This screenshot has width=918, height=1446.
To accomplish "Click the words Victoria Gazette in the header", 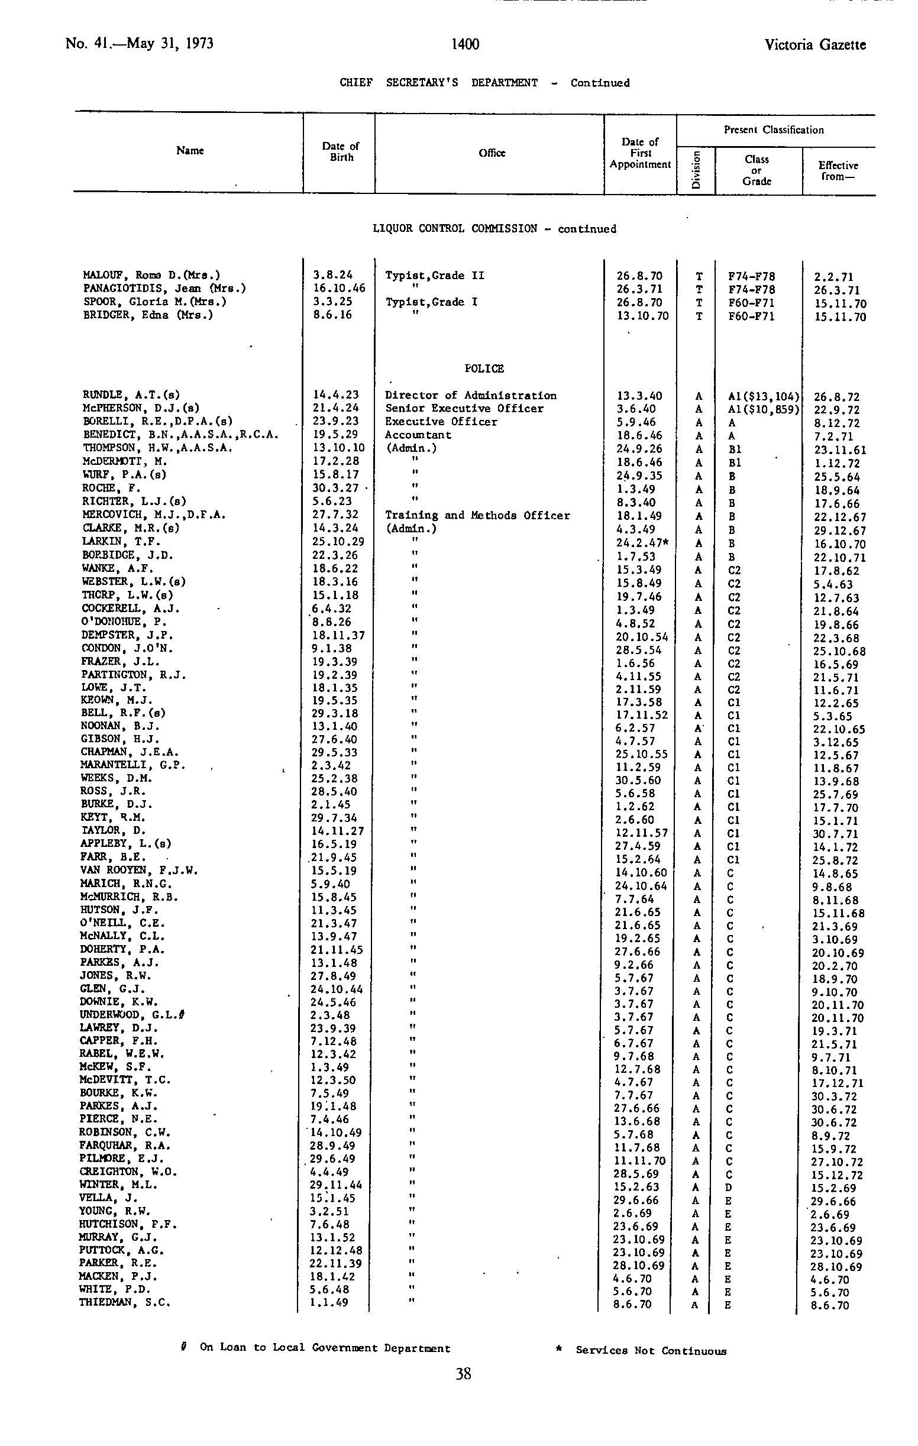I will coord(814,44).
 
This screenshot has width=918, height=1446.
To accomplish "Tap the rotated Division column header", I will coord(696,170).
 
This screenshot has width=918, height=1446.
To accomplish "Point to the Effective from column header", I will coord(838,170).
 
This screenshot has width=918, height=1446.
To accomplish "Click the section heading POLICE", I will coord(484,368).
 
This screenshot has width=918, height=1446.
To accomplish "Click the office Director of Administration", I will coord(471,395).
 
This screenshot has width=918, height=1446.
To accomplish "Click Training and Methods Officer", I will coord(477,515).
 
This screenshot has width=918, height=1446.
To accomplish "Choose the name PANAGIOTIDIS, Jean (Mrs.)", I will coord(164,288).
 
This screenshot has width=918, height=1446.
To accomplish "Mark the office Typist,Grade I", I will coord(431,302).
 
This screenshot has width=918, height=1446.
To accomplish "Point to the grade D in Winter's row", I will coord(728,1187).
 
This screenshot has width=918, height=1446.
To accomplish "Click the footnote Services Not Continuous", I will coord(650,1351).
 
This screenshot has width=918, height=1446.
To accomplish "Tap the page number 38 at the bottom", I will coord(463,1373).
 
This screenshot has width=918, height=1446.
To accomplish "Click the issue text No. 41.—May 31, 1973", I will coord(139,44).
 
